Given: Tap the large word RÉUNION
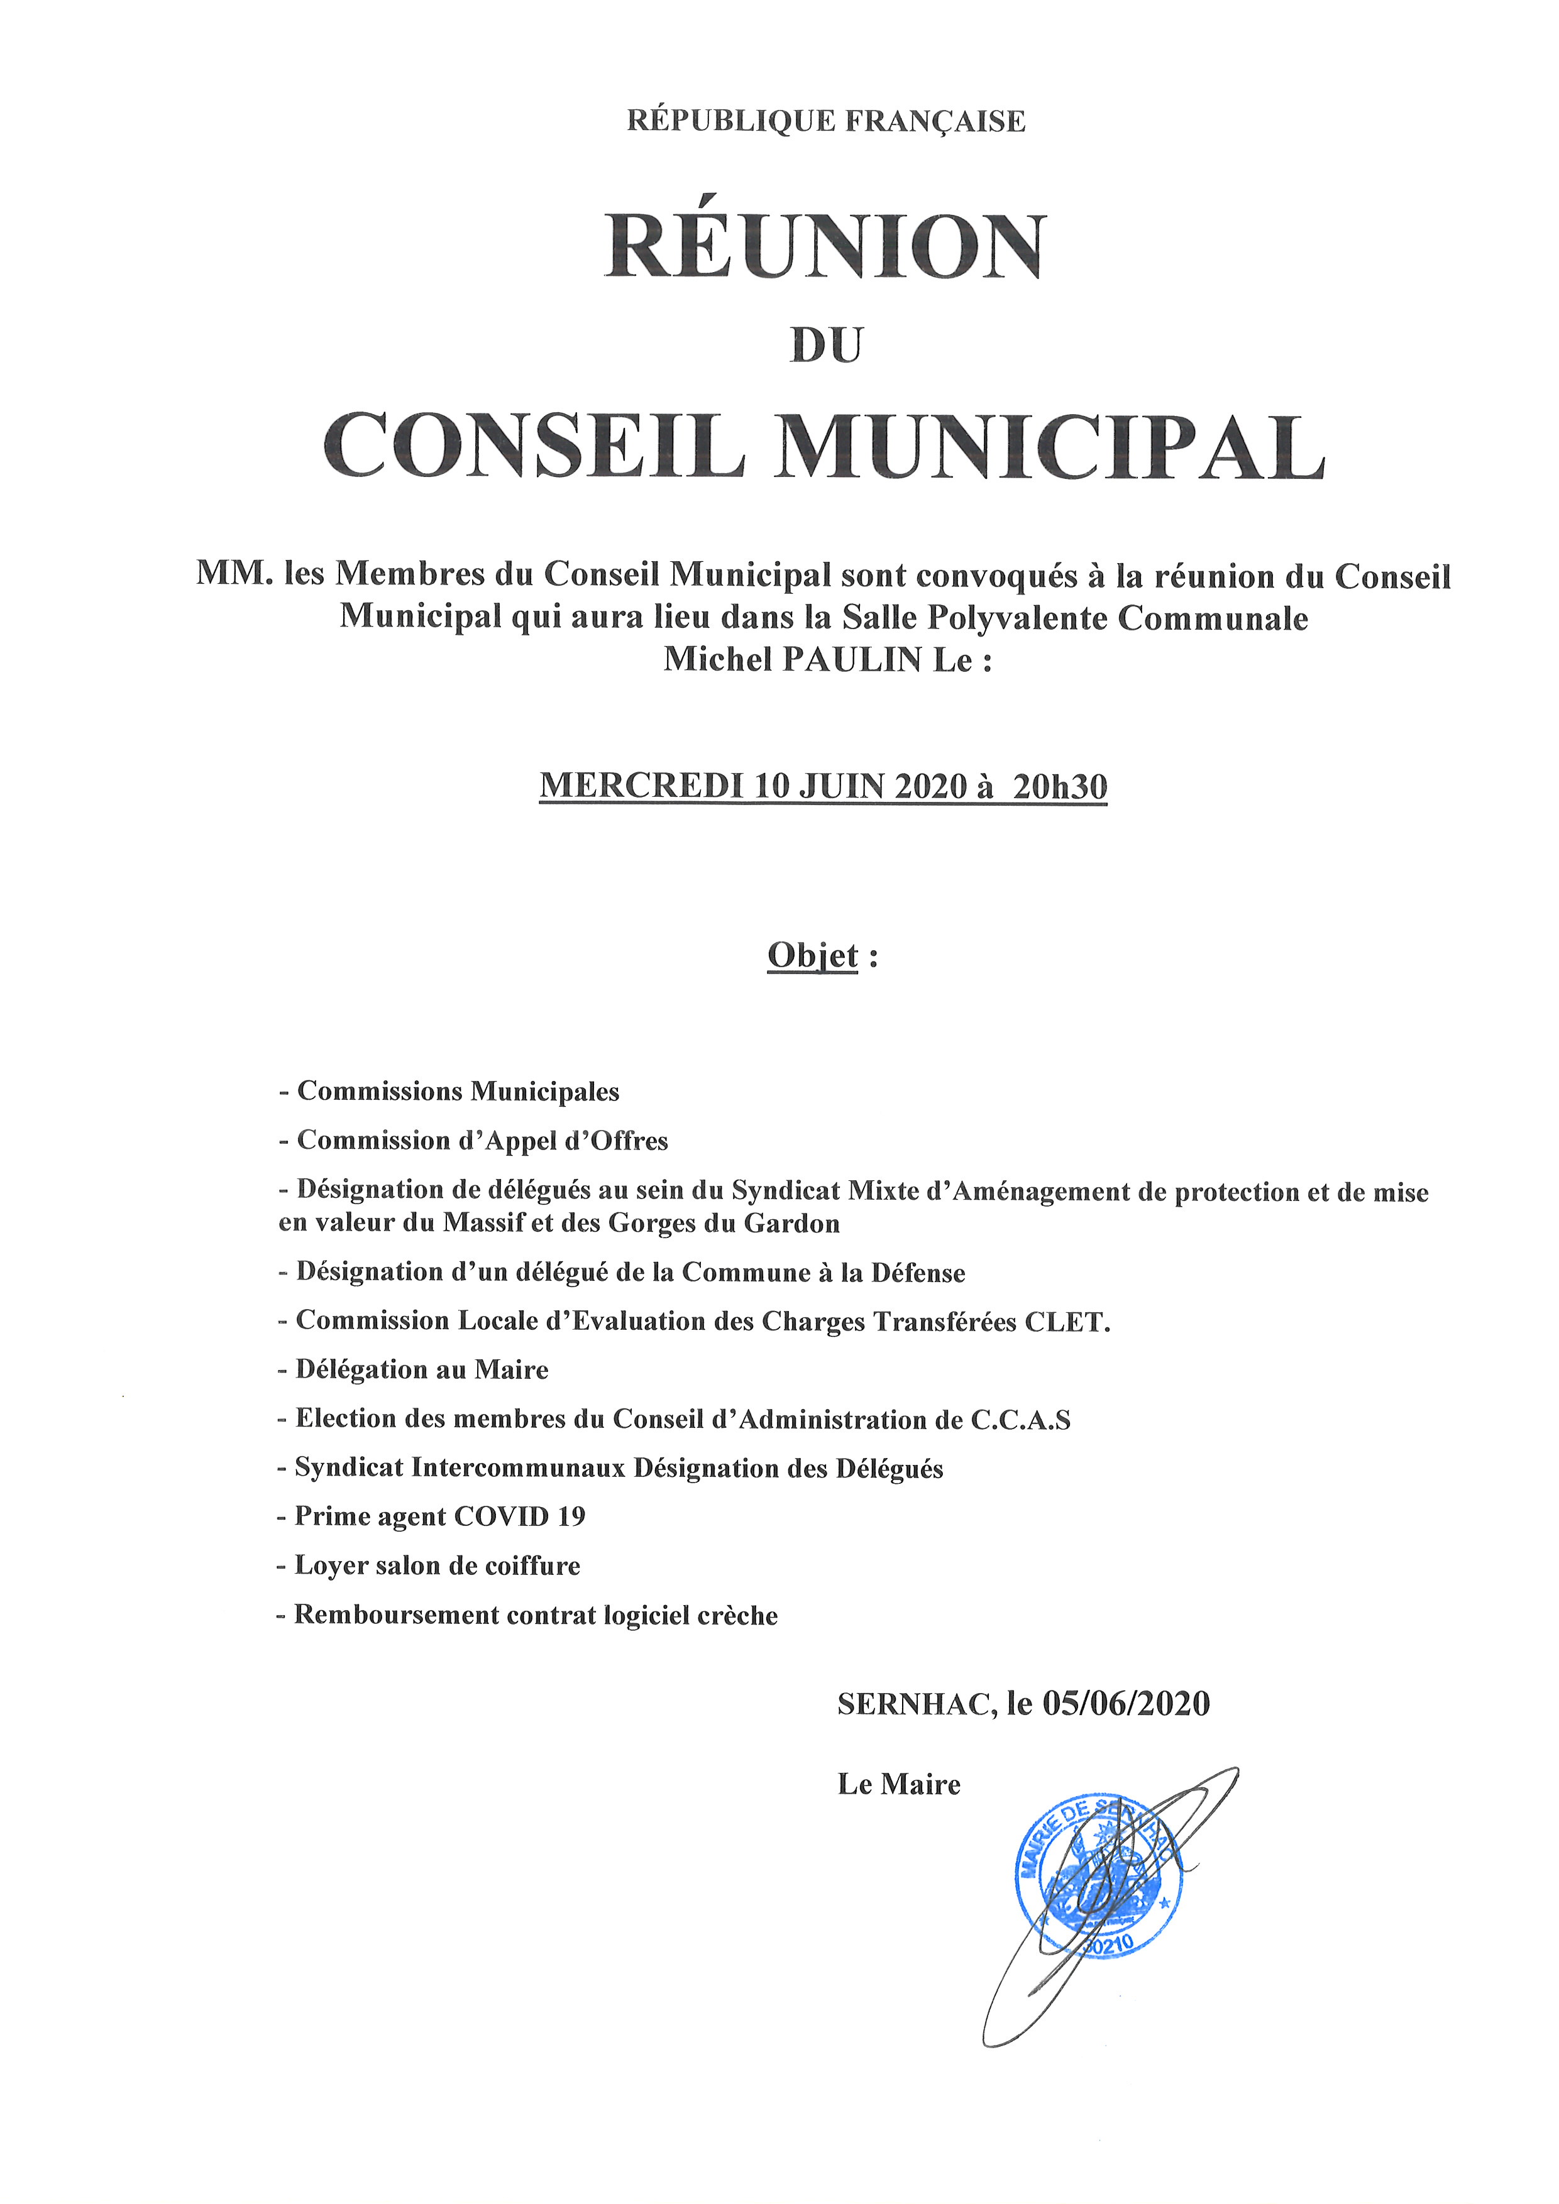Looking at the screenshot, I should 825,248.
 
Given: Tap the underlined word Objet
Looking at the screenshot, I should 812,956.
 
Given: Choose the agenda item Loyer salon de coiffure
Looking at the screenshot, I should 437,1565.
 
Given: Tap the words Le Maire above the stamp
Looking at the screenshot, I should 898,1785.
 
